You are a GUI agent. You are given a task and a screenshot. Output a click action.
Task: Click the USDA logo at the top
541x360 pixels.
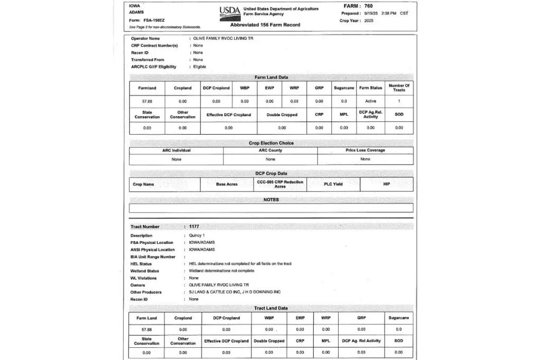(x=229, y=11)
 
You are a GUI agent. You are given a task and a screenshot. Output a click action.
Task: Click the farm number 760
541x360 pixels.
(x=368, y=6)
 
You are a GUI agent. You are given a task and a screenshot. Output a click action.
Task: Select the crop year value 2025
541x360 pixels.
(x=368, y=21)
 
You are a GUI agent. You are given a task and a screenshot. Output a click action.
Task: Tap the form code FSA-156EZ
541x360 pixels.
(x=155, y=20)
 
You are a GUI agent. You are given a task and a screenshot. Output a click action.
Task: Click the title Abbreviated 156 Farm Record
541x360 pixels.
(x=265, y=25)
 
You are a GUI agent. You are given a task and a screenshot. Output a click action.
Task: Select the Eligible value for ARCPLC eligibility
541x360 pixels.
(x=200, y=67)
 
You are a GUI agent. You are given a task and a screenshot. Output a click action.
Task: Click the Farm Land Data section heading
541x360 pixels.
(x=271, y=77)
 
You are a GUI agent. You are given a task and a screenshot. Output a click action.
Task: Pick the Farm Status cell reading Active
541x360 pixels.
(x=370, y=101)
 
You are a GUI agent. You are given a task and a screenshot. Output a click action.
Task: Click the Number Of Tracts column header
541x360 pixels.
(x=399, y=88)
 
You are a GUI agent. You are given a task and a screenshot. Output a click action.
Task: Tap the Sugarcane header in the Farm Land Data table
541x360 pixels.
(x=344, y=88)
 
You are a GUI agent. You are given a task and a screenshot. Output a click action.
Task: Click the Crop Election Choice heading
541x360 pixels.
(x=271, y=143)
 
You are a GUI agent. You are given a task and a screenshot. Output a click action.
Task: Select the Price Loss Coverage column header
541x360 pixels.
(x=365, y=150)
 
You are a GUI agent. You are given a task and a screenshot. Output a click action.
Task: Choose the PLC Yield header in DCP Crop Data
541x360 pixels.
(x=333, y=184)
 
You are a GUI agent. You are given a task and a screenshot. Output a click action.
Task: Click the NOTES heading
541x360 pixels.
(x=271, y=200)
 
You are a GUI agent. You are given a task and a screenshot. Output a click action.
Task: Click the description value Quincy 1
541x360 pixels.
(x=197, y=235)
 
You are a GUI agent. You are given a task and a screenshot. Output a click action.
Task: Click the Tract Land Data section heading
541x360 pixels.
(x=271, y=308)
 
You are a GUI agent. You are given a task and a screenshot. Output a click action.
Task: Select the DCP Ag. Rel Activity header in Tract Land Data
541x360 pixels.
(x=361, y=341)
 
